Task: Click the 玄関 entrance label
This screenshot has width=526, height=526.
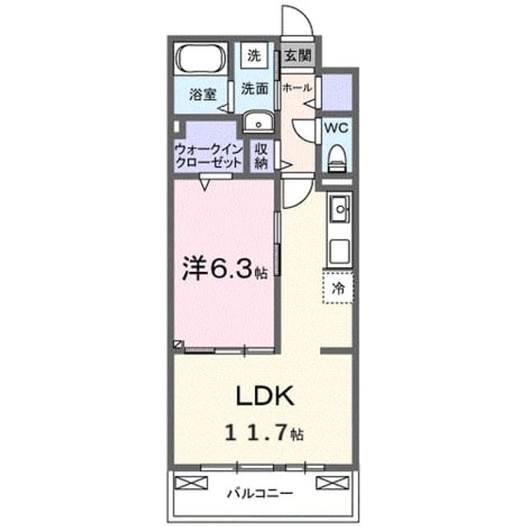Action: (298, 55)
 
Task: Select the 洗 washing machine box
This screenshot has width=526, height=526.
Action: (254, 55)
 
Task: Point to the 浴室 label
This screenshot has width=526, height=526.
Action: (203, 95)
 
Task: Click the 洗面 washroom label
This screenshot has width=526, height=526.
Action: (255, 89)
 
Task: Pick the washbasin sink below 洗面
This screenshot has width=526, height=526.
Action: (258, 122)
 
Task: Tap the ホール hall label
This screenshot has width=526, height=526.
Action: (298, 88)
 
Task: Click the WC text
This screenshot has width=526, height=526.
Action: (336, 128)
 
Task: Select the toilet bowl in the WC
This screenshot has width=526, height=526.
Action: (337, 158)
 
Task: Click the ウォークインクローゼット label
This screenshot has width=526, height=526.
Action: (208, 156)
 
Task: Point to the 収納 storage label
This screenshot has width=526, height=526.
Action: (261, 156)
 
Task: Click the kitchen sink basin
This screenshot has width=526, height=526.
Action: (340, 210)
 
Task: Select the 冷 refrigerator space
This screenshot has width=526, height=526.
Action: (338, 288)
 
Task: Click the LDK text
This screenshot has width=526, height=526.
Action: (265, 396)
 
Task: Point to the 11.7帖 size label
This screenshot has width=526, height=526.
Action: (264, 433)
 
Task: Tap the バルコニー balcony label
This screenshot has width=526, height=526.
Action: (260, 493)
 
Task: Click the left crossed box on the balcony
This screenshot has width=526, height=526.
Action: (191, 483)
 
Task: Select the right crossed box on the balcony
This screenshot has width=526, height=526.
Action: (332, 483)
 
